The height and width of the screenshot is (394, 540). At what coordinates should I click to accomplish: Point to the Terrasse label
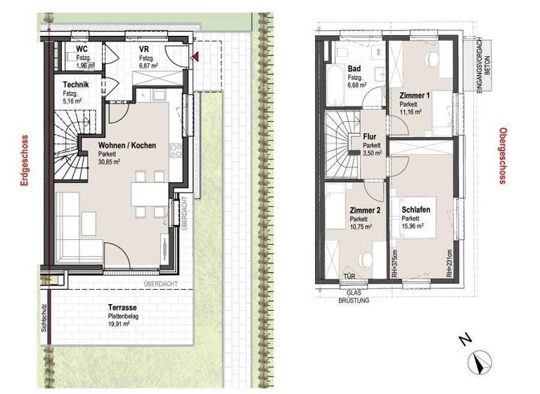(122, 308)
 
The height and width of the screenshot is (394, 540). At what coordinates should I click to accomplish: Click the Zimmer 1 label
(413, 95)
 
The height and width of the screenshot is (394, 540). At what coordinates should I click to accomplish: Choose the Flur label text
(371, 137)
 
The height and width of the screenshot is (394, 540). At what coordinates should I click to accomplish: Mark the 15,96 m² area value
(415, 227)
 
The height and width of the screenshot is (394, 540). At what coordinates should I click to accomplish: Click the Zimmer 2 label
(364, 210)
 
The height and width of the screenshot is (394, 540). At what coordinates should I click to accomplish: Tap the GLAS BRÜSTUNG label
(354, 295)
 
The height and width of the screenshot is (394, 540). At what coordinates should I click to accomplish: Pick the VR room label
(143, 49)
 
